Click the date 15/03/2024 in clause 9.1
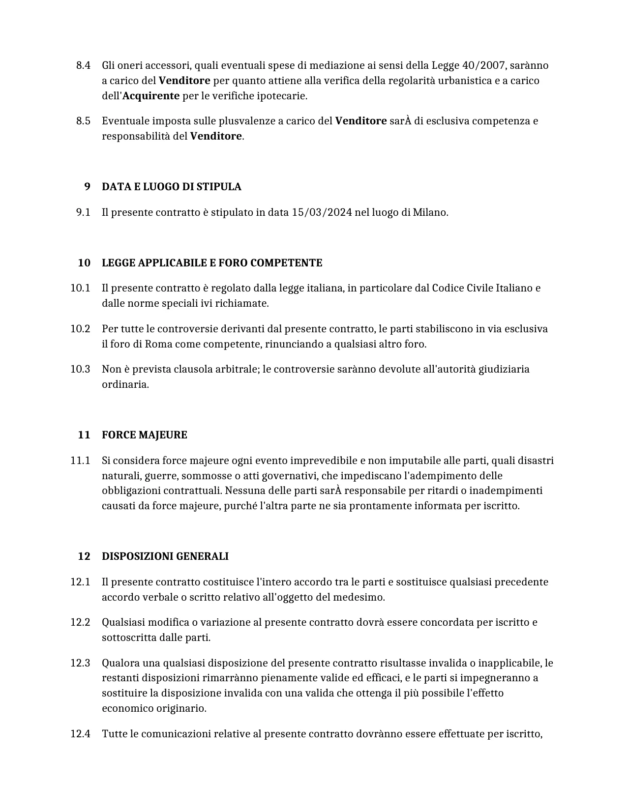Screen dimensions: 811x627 322,213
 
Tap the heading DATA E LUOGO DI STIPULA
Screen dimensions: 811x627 171,187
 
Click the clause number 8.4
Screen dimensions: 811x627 83,65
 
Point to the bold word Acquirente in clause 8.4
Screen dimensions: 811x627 150,96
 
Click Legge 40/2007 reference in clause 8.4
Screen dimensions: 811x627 467,65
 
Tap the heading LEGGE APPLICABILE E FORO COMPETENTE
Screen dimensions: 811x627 211,263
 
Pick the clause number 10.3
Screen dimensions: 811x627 80,369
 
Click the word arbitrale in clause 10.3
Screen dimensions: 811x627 237,369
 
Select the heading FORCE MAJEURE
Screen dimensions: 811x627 144,435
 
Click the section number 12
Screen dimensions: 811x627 84,556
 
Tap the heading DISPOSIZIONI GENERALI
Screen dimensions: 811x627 165,556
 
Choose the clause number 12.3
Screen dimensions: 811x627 80,663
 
